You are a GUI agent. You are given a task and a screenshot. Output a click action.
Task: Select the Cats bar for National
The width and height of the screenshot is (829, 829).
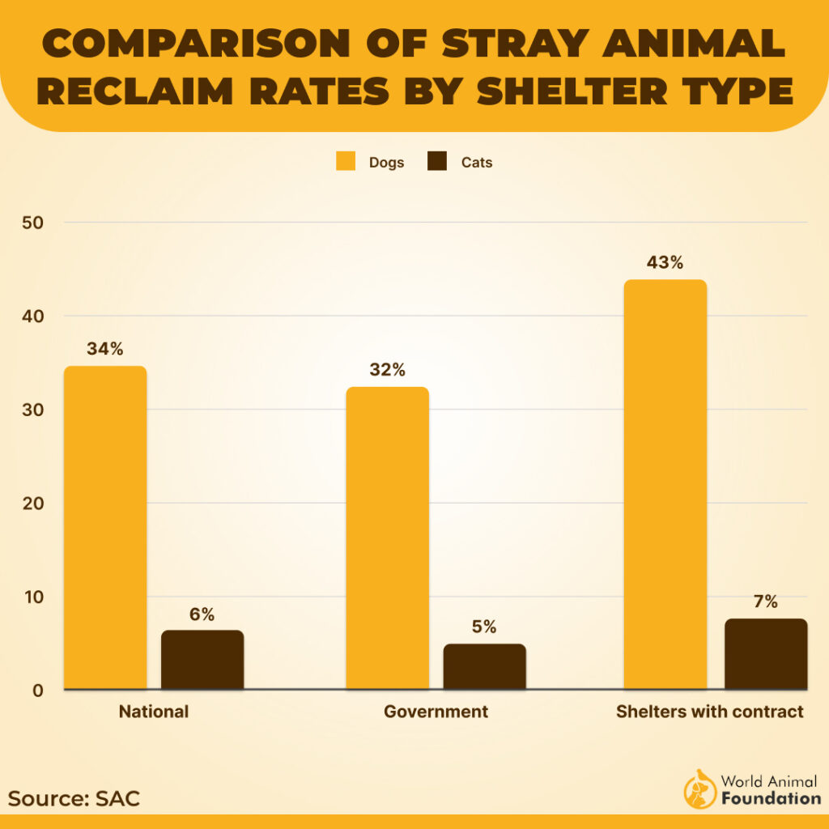coord(202,660)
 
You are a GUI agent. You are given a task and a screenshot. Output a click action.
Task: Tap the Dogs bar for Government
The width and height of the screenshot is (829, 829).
coord(387,538)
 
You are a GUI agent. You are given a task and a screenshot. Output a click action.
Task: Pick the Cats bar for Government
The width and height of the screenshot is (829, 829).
coord(484,666)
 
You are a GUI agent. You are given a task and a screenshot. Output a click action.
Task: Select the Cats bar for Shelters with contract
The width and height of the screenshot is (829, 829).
coord(766,654)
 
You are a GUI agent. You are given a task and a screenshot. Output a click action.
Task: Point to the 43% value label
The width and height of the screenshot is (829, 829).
coord(665,263)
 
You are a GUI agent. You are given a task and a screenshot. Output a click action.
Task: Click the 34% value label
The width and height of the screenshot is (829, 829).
coord(105,350)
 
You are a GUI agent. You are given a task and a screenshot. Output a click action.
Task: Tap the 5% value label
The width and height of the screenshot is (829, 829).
coord(484,627)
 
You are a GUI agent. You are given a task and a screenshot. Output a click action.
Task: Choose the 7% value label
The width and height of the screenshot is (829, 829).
coord(766,602)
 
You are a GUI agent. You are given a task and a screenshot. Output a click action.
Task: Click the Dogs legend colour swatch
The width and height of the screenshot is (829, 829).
coord(346,161)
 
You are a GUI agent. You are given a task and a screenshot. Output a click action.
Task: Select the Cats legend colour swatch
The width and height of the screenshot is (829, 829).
coord(437,161)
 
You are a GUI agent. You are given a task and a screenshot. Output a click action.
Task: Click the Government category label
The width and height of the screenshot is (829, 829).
coord(436,712)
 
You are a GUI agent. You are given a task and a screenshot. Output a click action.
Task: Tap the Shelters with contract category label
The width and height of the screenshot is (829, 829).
coord(710,712)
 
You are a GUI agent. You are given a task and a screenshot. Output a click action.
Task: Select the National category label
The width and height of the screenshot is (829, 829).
coord(154,712)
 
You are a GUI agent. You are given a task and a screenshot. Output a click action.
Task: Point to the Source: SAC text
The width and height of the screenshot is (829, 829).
coord(74,798)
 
